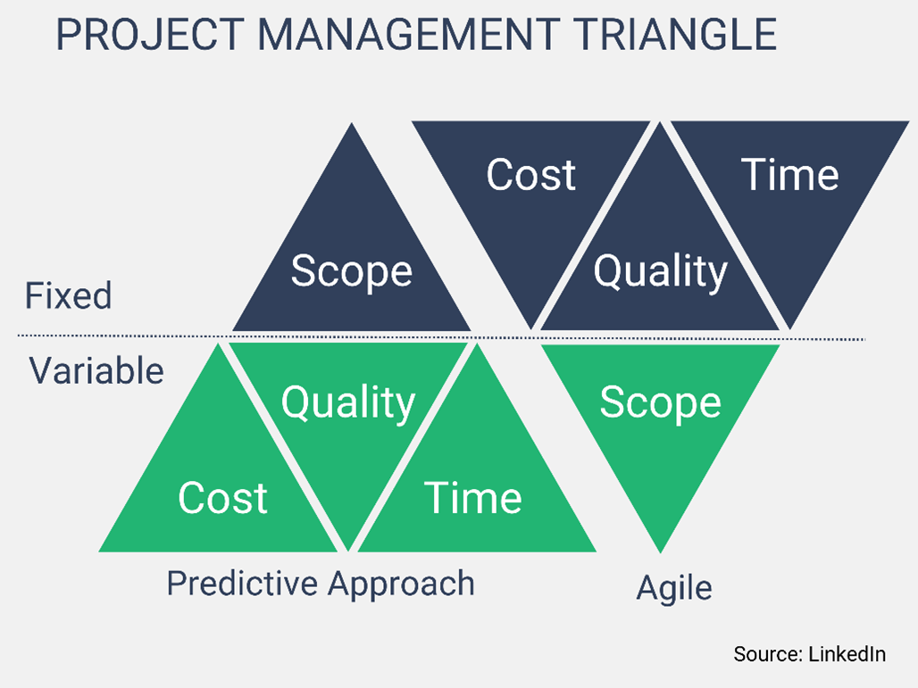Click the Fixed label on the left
coord(69,295)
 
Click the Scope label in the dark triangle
coord(351,271)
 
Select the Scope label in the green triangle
coord(660,402)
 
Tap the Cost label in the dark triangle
coord(530,175)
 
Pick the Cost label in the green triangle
coord(222,497)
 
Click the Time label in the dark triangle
coord(790,175)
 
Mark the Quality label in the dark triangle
coord(661,271)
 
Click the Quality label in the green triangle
coord(348,402)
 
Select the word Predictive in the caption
coord(242,584)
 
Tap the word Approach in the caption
coord(400,584)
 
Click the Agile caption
coord(674,588)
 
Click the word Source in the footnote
coord(765,654)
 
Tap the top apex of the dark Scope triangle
coord(352,126)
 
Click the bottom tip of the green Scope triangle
coord(660,550)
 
